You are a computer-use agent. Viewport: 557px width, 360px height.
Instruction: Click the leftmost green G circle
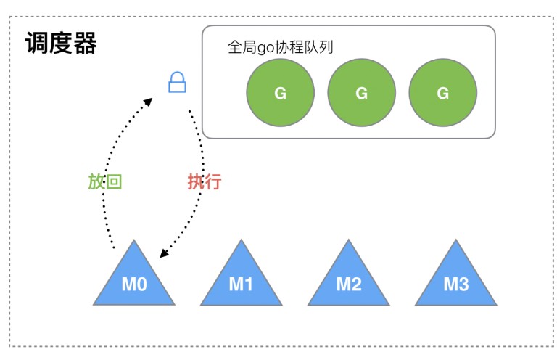coord(281,93)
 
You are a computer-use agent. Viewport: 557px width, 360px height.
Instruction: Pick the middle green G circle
coord(362,93)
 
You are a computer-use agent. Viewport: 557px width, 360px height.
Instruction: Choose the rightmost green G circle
coord(443,93)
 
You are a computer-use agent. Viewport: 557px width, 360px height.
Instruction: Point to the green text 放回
coord(104,181)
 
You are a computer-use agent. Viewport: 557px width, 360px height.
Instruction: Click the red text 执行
coord(204,181)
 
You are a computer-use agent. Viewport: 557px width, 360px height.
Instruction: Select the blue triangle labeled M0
coord(134,279)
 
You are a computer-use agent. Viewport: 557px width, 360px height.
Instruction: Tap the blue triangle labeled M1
coord(241,279)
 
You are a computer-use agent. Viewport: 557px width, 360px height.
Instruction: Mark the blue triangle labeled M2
coord(348,279)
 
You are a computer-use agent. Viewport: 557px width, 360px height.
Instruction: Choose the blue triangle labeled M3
coord(455,279)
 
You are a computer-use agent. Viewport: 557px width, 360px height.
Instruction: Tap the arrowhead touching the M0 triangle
coord(165,253)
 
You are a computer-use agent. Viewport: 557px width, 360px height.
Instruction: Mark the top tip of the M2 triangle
coord(348,241)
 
